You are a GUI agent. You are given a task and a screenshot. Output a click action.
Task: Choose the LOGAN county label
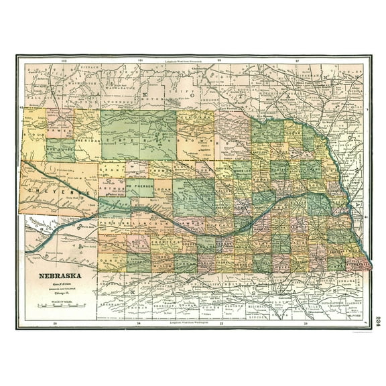click(x=163, y=190)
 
